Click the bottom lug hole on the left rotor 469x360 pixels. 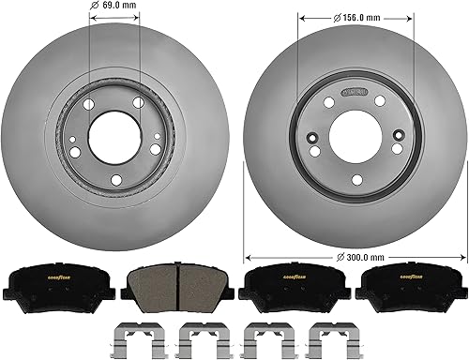[x=113, y=180]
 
